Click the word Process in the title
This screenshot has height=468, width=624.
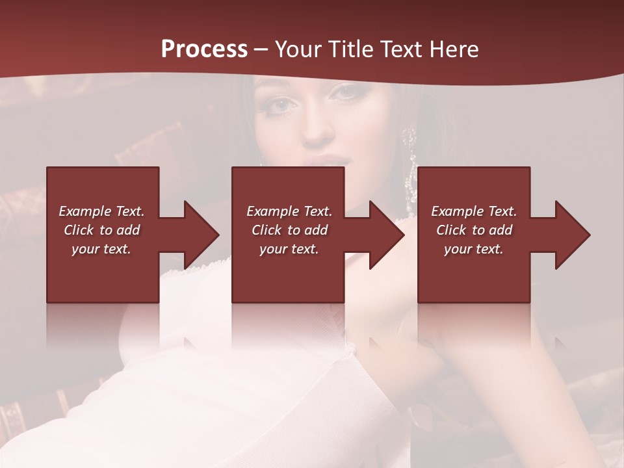(x=204, y=49)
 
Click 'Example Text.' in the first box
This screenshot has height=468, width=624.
(x=101, y=211)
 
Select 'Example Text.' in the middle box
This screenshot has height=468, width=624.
(x=289, y=211)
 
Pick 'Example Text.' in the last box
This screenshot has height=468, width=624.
(x=474, y=211)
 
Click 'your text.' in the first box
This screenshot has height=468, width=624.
(x=101, y=249)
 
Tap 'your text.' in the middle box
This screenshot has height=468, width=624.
(x=289, y=249)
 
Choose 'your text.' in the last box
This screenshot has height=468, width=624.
(x=474, y=249)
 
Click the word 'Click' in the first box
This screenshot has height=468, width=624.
(x=79, y=230)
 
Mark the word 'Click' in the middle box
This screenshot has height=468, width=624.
(x=266, y=230)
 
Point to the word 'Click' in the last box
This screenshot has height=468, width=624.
(x=451, y=230)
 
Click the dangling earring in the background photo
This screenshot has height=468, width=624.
(x=411, y=169)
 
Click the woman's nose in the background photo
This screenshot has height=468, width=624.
(x=317, y=127)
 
